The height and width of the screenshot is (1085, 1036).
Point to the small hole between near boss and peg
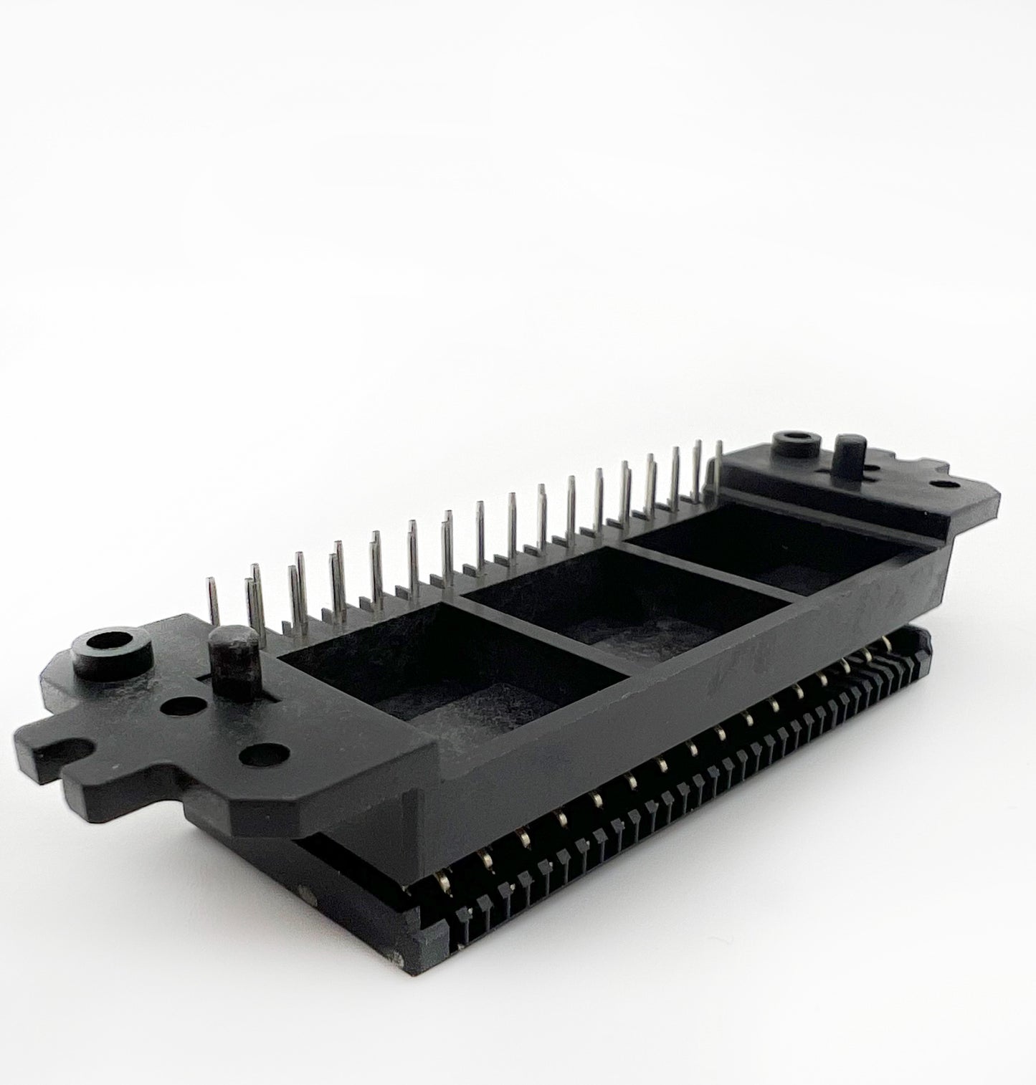pyautogui.click(x=177, y=707)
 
